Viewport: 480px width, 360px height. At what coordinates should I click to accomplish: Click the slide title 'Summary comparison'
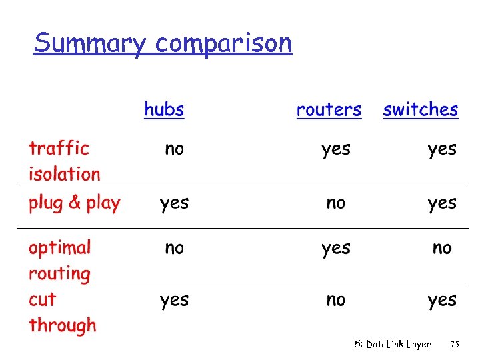(x=163, y=43)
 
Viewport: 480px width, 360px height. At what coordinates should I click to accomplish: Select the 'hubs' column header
(x=164, y=109)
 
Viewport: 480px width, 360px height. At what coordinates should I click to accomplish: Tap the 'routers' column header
(x=329, y=109)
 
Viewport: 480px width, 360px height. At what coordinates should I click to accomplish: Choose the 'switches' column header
(x=421, y=109)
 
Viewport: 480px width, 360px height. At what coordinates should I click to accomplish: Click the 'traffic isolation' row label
(x=64, y=161)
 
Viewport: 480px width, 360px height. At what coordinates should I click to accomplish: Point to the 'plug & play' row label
(x=74, y=203)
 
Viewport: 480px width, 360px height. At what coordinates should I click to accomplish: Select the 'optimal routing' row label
(x=59, y=260)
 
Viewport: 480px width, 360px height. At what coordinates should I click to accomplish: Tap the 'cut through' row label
(x=62, y=313)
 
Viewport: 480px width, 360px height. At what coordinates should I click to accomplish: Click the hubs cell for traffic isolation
(x=174, y=149)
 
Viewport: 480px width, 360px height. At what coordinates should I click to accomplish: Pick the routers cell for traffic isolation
(x=335, y=149)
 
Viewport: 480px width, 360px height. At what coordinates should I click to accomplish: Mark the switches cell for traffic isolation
(x=442, y=149)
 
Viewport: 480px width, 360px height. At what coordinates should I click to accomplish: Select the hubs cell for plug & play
(x=174, y=203)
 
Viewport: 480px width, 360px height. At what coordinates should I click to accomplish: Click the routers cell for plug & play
(x=336, y=203)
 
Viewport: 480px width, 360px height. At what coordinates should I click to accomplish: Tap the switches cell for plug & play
(x=442, y=203)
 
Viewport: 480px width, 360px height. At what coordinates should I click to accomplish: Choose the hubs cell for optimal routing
(x=174, y=248)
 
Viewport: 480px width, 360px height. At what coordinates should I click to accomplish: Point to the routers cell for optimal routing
(x=335, y=249)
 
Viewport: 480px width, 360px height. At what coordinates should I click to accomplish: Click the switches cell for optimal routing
(x=442, y=248)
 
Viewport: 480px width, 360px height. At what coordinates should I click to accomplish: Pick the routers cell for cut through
(x=336, y=300)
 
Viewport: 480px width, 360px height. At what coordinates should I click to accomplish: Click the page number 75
(x=455, y=345)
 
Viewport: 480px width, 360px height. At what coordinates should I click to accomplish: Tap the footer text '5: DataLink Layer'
(x=393, y=345)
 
